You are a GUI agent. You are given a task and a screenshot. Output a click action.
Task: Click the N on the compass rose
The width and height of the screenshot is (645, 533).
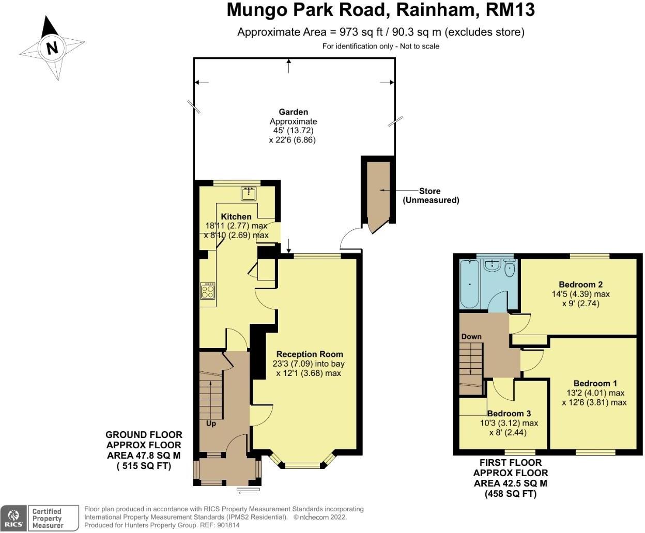coord(52,48)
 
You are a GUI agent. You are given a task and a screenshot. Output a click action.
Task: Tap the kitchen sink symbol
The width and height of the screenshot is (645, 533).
coord(249,193)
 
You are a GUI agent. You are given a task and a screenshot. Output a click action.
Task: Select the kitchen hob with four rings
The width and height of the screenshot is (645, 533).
coord(208,291)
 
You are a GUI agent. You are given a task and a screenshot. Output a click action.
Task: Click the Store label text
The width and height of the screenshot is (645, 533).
coord(429,191)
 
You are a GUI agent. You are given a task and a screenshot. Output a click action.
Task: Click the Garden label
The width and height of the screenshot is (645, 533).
coord(293,112)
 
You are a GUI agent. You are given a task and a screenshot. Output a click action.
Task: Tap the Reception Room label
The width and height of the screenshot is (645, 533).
coord(310,354)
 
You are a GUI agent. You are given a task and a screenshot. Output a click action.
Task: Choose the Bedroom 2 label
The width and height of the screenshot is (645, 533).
coord(581,285)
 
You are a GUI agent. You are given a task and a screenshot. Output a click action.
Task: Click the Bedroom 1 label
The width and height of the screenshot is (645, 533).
coord(595,384)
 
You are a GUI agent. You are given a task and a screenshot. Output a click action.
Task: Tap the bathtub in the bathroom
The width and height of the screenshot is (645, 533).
coord(470,284)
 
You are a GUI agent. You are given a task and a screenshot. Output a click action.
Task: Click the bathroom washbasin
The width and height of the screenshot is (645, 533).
coord(493,265)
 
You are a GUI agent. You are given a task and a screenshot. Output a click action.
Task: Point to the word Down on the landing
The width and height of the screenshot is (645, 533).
coord(471,336)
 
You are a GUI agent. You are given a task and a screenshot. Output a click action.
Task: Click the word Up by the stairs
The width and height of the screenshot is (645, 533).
coord(211,424)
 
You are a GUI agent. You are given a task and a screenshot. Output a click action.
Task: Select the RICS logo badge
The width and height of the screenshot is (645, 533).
coord(13,519)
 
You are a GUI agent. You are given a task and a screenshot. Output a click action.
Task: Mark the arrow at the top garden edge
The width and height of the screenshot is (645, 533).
coord(288,66)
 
